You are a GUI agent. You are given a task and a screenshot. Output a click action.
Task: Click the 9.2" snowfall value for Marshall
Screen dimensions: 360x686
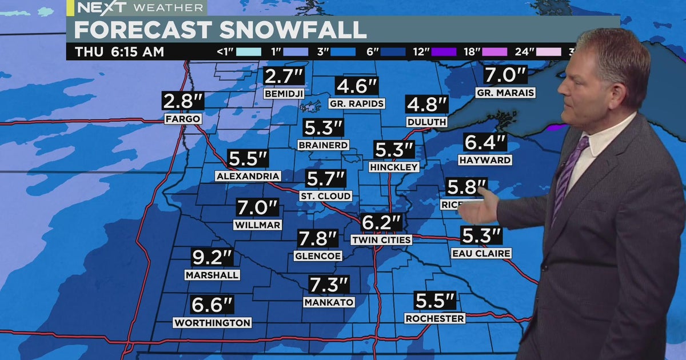coord(212,258)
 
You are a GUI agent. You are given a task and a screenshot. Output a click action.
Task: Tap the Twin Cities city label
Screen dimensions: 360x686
coord(381,240)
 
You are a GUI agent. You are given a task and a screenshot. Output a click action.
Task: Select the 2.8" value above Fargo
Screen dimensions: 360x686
coord(183,102)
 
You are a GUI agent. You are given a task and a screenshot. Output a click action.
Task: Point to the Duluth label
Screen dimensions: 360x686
coord(426,122)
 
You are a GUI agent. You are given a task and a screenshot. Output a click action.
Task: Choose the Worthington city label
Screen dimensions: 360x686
coord(212,323)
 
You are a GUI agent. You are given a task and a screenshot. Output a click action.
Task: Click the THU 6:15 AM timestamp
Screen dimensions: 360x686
coord(119,52)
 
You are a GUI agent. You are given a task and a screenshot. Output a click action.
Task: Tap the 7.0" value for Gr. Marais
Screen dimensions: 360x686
coord(505,75)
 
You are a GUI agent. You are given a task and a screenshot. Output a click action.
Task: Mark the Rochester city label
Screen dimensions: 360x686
coord(434,318)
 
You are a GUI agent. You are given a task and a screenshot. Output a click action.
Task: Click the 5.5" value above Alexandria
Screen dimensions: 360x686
coord(248,159)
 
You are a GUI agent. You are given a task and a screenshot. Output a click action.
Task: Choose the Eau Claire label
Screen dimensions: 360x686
coord(481,253)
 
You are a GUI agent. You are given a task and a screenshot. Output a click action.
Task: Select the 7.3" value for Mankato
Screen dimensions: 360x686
coord(329,285)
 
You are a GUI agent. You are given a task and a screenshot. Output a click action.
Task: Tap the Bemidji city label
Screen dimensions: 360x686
coord(284,93)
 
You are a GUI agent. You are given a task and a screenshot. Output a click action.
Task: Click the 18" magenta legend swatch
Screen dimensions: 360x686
coord(494,52)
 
